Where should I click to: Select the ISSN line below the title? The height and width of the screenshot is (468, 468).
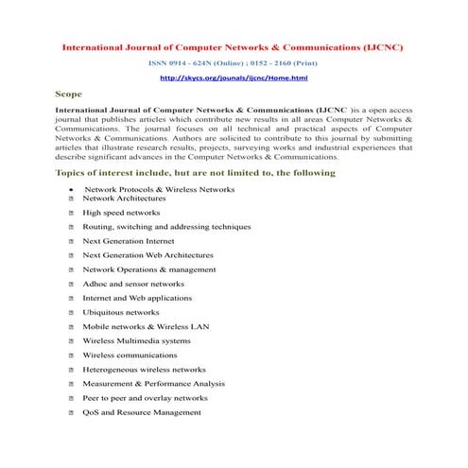(x=234, y=62)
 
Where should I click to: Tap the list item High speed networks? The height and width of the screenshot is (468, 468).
(x=121, y=213)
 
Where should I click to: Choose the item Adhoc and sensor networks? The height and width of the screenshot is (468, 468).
(x=133, y=284)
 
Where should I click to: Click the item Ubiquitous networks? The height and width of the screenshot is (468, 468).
(x=121, y=312)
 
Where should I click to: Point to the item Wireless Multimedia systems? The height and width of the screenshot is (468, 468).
(x=136, y=340)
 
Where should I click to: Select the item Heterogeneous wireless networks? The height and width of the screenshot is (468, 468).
(x=144, y=370)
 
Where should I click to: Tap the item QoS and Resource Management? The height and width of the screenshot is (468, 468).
(x=142, y=412)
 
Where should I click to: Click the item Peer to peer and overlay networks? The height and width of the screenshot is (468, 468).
(x=145, y=398)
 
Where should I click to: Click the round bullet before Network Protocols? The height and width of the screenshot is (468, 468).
(x=72, y=190)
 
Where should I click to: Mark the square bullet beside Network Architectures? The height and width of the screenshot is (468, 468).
(x=72, y=199)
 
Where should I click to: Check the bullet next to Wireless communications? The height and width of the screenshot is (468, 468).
(x=72, y=355)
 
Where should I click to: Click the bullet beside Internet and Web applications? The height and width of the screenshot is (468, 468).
(x=72, y=299)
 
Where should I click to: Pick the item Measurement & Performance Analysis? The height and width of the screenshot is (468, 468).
(x=153, y=384)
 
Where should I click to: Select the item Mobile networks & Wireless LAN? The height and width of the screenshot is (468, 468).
(x=146, y=326)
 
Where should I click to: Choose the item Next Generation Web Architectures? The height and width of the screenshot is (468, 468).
(x=147, y=255)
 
